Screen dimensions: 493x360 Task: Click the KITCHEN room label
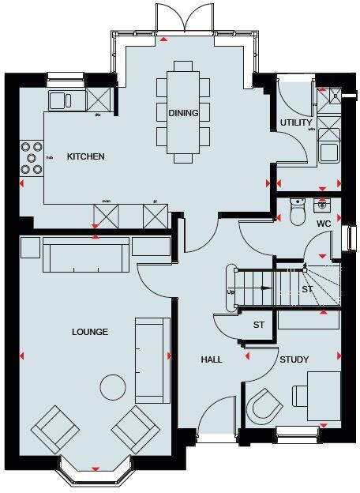tap(85, 156)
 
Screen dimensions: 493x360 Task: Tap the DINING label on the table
tap(183, 113)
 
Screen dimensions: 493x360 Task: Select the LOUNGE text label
tap(88, 331)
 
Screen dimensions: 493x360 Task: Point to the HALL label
tap(211, 359)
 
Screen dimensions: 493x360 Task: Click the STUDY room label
tap(294, 359)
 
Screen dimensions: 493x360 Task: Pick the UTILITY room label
tap(296, 122)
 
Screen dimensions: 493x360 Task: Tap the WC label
tap(323, 224)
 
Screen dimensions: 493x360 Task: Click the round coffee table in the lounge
tap(114, 386)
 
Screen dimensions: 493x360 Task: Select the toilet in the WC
tap(297, 211)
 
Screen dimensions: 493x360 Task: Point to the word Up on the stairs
tap(231, 292)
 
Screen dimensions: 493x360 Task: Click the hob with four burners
tap(32, 156)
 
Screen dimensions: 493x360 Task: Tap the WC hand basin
tap(321, 205)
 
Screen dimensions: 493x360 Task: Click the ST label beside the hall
tap(258, 325)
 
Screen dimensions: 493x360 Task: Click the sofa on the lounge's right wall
tap(152, 359)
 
